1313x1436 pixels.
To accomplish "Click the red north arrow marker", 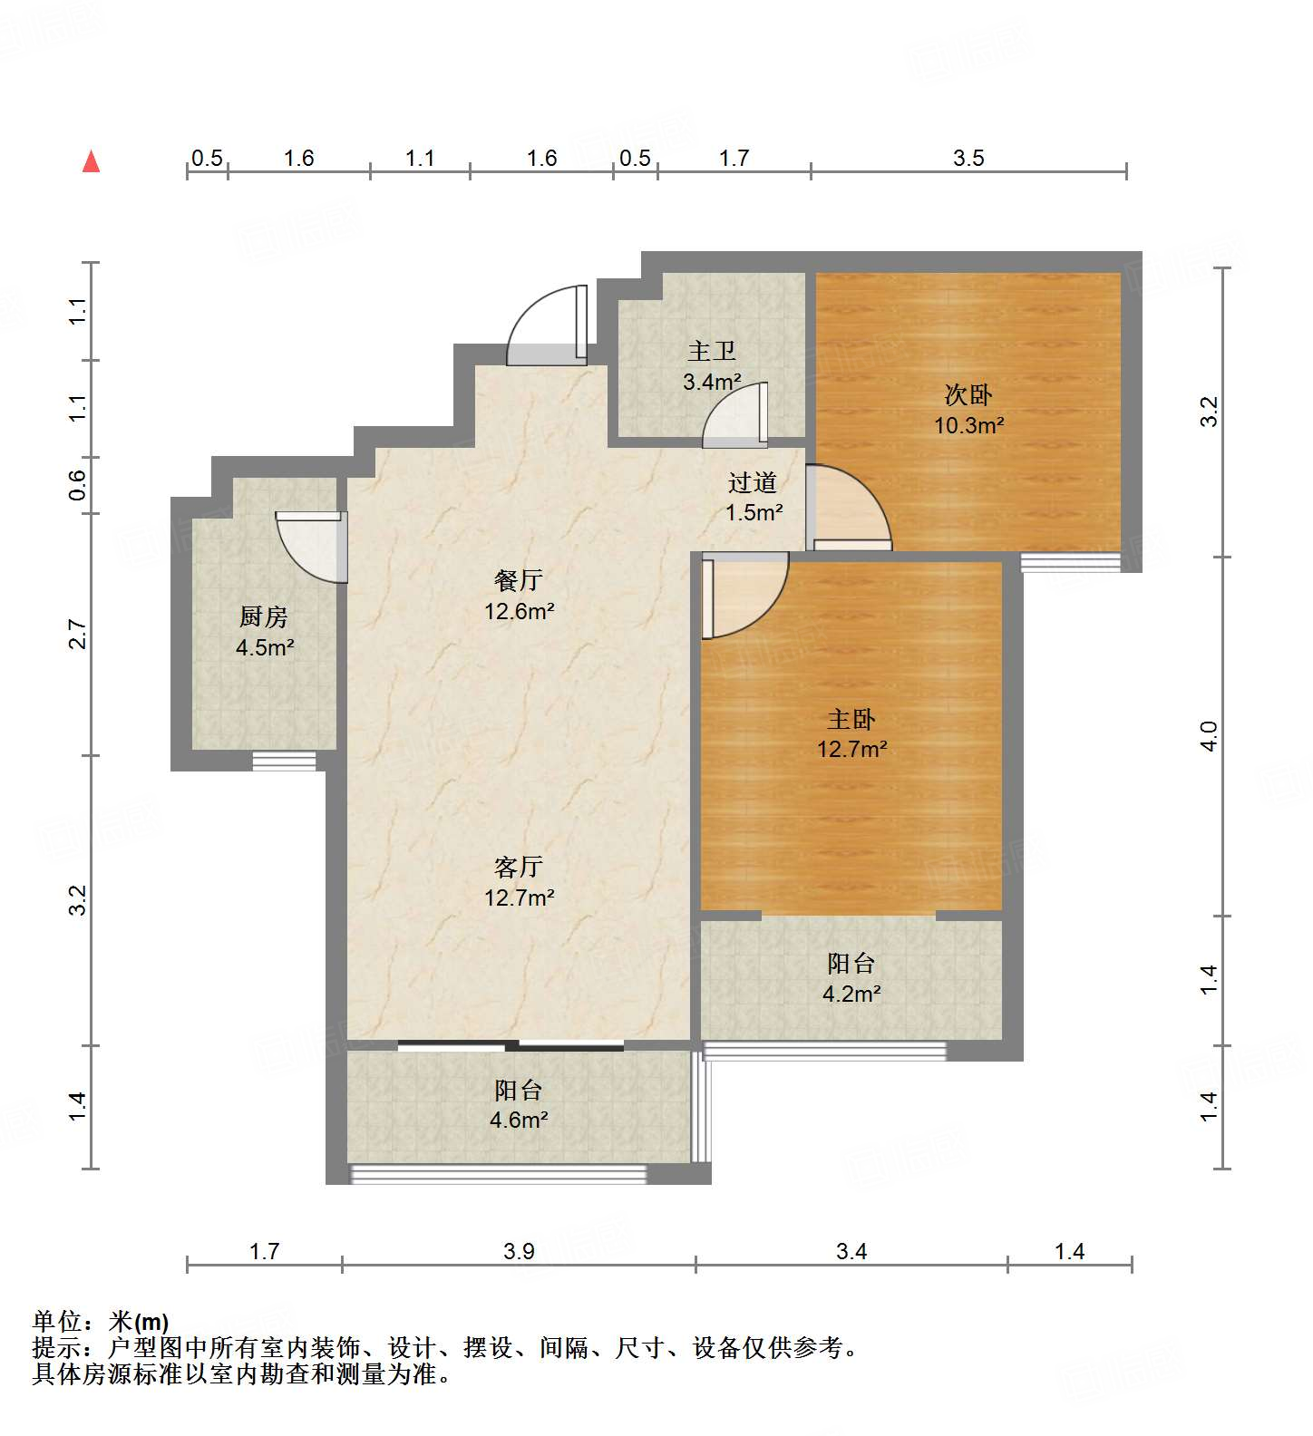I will click(x=91, y=162).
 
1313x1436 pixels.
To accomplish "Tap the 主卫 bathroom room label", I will click(x=712, y=364).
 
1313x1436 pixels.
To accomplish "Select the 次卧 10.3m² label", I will click(x=968, y=409).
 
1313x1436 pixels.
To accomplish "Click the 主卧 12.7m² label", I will click(x=851, y=733).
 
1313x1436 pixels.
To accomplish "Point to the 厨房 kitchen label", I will click(x=264, y=631).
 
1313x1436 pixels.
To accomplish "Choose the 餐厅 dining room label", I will click(x=519, y=595).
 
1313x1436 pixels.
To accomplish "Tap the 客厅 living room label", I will click(x=519, y=881).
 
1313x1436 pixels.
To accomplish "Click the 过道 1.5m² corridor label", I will click(x=754, y=497).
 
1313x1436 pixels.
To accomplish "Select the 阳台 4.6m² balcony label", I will click(x=519, y=1104).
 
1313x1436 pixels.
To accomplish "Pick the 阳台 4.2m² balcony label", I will click(x=851, y=977).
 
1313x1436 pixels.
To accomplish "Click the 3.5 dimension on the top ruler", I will click(x=968, y=159).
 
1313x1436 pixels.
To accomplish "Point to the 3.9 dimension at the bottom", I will click(x=519, y=1252).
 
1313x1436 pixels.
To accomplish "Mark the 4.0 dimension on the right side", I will click(x=1209, y=736).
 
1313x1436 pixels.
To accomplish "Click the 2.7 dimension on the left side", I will click(x=78, y=635).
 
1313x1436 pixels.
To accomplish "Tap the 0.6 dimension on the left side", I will click(x=78, y=485).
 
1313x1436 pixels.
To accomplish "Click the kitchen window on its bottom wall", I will click(x=284, y=762).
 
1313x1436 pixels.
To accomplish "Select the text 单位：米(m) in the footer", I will click(x=101, y=1322).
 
